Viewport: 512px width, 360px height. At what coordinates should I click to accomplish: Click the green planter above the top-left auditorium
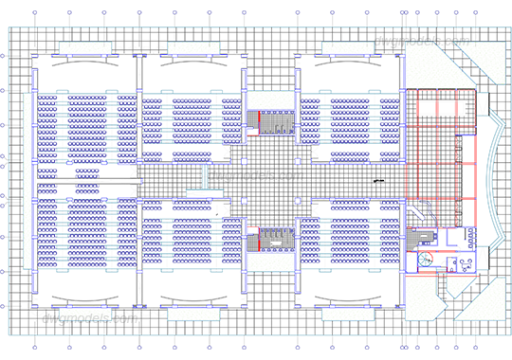(85, 46)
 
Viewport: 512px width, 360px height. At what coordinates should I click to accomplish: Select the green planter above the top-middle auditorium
(193, 46)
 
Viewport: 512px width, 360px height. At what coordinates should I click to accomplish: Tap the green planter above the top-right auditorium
(347, 46)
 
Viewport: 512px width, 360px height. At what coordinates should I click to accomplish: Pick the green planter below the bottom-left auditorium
(85, 314)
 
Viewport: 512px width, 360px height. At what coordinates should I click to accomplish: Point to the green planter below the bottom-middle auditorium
(193, 314)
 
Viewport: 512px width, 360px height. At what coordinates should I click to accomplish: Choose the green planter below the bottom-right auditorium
(347, 314)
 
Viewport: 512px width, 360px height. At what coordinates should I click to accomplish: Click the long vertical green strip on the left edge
(27, 180)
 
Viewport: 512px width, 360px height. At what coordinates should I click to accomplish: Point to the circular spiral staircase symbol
(426, 258)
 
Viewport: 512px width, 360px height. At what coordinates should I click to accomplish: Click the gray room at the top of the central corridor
(276, 123)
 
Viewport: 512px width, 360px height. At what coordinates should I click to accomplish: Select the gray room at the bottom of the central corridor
(275, 239)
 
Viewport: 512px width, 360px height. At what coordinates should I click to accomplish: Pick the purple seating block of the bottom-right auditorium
(349, 237)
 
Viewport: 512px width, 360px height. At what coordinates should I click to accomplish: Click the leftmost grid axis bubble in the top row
(35, 13)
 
